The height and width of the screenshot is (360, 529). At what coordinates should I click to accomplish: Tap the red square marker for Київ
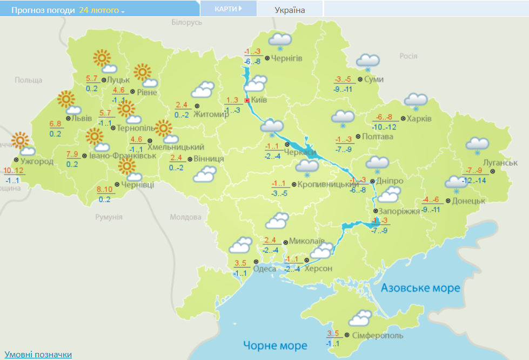point(247,100)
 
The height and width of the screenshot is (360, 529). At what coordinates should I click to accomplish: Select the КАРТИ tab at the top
point(227,9)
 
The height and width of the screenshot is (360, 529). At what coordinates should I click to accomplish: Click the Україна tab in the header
point(290,10)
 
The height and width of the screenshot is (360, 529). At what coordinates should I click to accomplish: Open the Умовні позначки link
point(38,354)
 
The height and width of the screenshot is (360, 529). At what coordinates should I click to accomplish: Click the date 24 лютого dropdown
point(102,10)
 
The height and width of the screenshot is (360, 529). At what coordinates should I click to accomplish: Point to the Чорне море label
point(275,345)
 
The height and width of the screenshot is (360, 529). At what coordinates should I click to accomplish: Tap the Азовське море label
point(420,288)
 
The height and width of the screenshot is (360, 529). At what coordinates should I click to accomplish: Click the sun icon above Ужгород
point(21,141)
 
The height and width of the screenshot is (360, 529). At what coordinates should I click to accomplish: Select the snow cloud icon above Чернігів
point(280,40)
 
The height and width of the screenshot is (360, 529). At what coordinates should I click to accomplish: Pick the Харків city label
point(419,118)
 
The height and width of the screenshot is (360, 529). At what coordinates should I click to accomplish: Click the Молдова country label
point(185,217)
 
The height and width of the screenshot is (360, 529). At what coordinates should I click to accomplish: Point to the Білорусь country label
point(186,22)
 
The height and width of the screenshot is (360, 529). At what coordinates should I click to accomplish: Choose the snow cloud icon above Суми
point(367,62)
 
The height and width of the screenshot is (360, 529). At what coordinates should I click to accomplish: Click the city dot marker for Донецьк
point(447,201)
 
